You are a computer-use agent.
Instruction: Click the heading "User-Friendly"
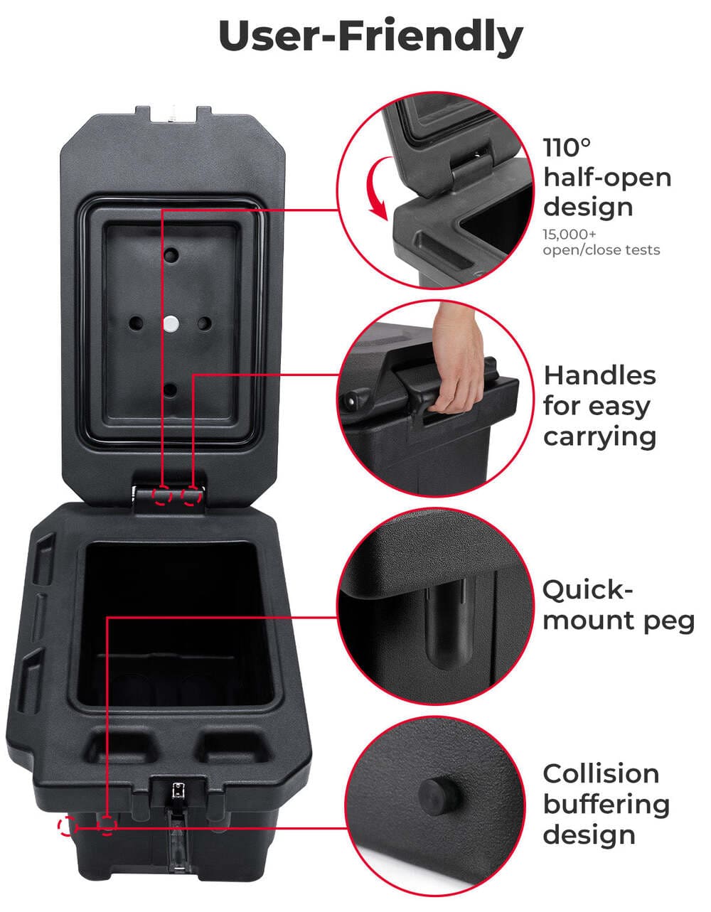click(370, 36)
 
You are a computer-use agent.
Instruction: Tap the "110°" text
click(567, 148)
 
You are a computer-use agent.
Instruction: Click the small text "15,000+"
click(570, 234)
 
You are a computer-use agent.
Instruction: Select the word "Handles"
click(599, 375)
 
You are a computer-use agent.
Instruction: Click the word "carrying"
click(599, 436)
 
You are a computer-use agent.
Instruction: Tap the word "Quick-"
click(587, 589)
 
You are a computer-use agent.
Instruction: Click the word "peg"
click(669, 621)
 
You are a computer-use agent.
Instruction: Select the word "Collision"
click(601, 773)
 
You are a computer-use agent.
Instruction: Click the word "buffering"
click(606, 804)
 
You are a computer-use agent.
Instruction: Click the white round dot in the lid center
click(171, 323)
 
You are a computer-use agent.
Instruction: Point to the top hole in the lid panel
click(171, 254)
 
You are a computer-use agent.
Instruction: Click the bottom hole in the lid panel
click(171, 390)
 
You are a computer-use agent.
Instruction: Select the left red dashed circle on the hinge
click(163, 495)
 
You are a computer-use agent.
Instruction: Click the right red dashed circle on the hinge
click(190, 495)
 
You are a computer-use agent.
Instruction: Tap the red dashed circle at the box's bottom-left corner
click(67, 826)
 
